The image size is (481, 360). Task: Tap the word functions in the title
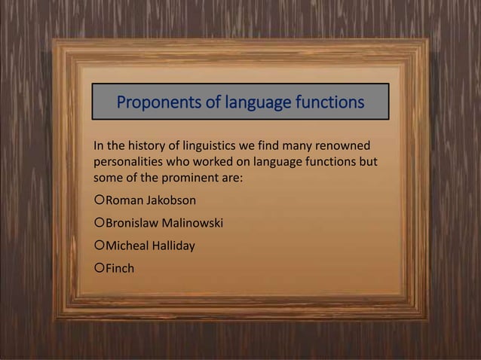(326, 102)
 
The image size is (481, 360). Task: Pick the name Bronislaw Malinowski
(164, 223)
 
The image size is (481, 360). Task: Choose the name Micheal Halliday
(150, 246)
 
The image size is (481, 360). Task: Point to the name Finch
(120, 267)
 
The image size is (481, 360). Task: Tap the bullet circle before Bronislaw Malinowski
(98, 223)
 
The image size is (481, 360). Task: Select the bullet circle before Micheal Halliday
(98, 246)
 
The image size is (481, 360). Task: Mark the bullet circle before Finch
(98, 267)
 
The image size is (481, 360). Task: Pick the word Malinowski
(192, 223)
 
